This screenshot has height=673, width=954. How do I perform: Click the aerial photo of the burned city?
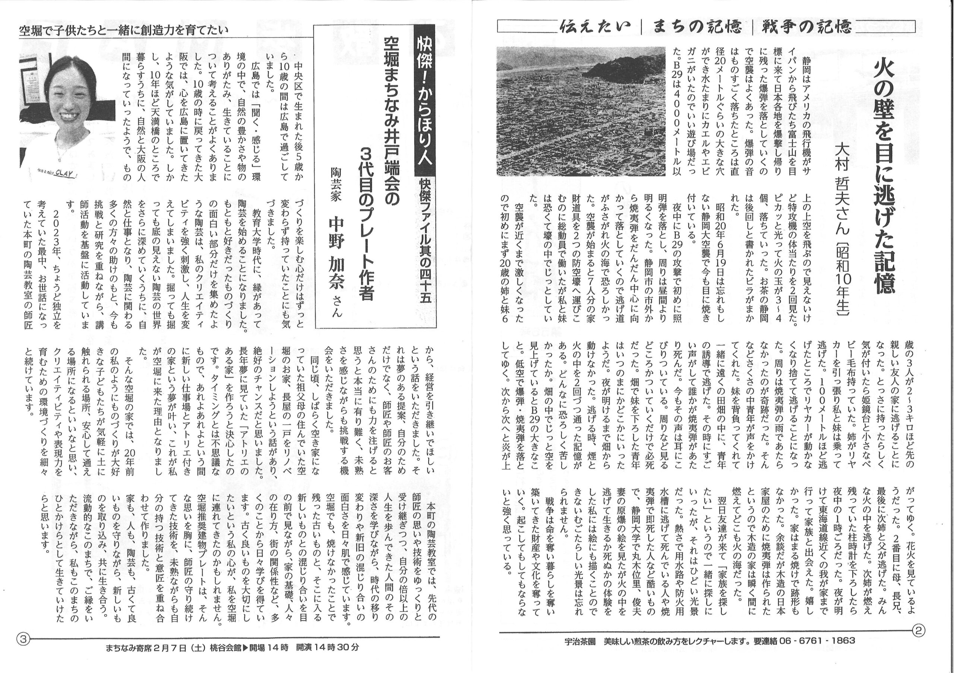pyautogui.click(x=581, y=111)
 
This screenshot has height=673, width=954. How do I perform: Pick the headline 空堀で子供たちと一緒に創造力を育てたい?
pyautogui.click(x=124, y=30)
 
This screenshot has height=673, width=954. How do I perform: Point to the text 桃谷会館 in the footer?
pyautogui.click(x=225, y=647)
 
